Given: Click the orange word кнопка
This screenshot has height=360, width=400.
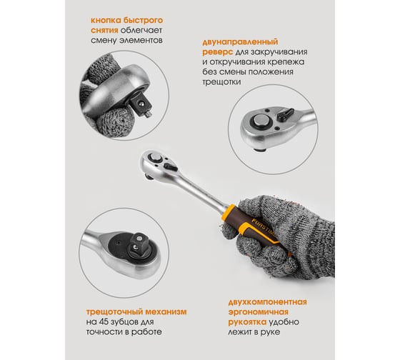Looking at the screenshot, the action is click(106, 20).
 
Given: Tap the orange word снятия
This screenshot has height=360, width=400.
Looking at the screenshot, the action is click(104, 31).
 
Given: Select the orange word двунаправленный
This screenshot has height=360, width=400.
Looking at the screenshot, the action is click(240, 42).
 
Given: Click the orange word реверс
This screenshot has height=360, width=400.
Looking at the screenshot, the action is click(218, 52).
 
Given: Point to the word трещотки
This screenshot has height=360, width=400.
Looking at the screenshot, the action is click(221, 82).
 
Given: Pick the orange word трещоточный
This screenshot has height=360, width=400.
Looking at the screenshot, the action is click(114, 312).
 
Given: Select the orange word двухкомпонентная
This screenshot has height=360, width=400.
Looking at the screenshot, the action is click(268, 302).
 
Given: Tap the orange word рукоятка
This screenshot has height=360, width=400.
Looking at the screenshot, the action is click(247, 322).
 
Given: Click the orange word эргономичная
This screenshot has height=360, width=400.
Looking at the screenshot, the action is click(259, 312).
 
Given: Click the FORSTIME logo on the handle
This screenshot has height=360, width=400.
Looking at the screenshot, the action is click(263, 227).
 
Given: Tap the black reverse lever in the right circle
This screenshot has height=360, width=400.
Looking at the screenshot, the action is click(286, 114).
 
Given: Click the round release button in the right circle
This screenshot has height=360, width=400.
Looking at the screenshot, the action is click(261, 121).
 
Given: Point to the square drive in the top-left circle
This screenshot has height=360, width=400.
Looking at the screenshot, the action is click(142, 106).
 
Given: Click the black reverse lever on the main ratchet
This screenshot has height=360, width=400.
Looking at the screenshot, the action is click(171, 167).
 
